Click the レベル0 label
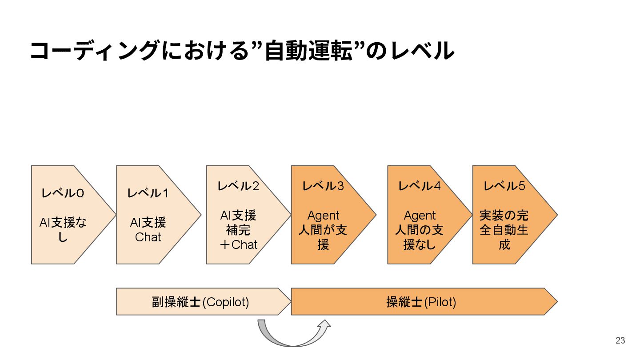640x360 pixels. [x=63, y=193]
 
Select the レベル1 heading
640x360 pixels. [x=148, y=193]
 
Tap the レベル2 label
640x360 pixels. [x=238, y=186]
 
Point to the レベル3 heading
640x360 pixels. [x=323, y=186]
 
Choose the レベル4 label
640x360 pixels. [x=419, y=186]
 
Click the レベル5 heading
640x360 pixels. [x=504, y=186]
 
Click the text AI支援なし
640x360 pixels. [x=63, y=230]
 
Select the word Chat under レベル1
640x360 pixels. [x=148, y=237]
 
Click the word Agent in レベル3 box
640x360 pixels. [x=323, y=216]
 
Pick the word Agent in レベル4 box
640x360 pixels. [x=419, y=216]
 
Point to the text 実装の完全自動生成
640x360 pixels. [x=504, y=230]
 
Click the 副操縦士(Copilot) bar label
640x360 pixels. [x=200, y=302]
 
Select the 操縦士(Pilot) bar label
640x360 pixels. [x=421, y=302]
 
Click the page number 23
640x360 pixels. [x=620, y=340]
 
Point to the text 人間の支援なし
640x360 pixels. [x=419, y=237]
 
